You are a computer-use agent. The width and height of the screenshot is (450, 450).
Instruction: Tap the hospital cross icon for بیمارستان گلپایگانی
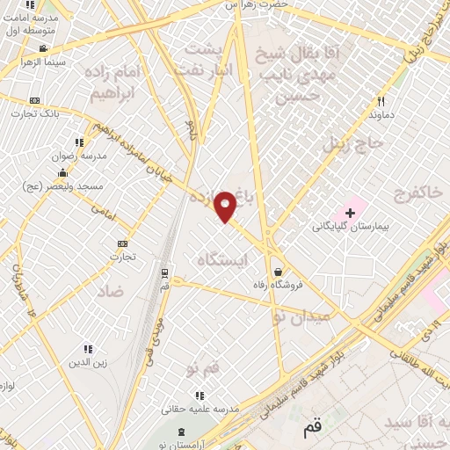(350, 212)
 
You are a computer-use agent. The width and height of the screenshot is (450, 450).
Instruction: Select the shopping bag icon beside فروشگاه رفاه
(279, 272)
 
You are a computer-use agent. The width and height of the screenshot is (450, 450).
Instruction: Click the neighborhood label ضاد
(111, 289)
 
